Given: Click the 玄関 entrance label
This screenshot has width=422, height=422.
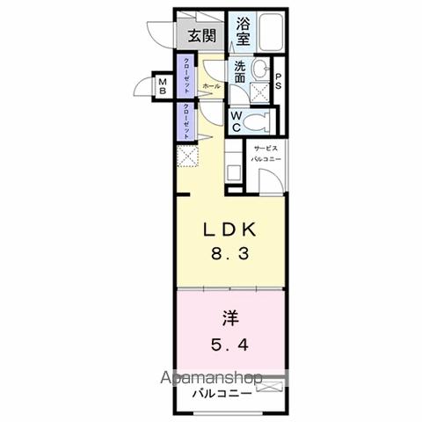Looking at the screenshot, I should tap(202, 36).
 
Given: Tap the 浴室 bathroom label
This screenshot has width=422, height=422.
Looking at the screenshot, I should tap(241, 33).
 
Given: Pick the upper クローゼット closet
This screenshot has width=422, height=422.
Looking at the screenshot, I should tap(186, 77).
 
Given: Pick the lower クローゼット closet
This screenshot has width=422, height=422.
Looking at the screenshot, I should tap(186, 122).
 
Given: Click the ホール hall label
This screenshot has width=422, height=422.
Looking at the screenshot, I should tap(211, 86).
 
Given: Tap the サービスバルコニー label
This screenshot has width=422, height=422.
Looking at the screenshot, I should tap(263, 153).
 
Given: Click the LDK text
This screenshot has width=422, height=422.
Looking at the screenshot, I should tap(232, 229).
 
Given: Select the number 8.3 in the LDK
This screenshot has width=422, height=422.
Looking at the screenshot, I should tap(232, 256).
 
